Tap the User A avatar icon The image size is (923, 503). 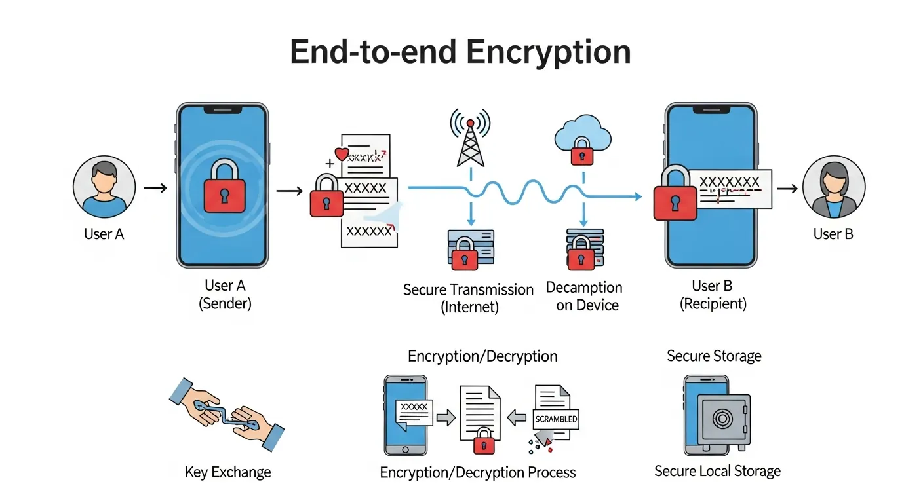point(104,186)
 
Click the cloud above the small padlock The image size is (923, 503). point(582,135)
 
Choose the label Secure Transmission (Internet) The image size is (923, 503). point(468,297)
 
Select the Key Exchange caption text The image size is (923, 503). point(227,472)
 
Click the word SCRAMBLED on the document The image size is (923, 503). point(556,419)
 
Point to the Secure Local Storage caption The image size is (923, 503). point(717,471)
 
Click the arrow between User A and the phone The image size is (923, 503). point(155,188)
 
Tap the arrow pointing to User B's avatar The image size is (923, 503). point(787,188)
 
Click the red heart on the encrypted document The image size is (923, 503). point(341,155)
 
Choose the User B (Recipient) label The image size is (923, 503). point(712,295)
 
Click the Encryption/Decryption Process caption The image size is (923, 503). point(478,472)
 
